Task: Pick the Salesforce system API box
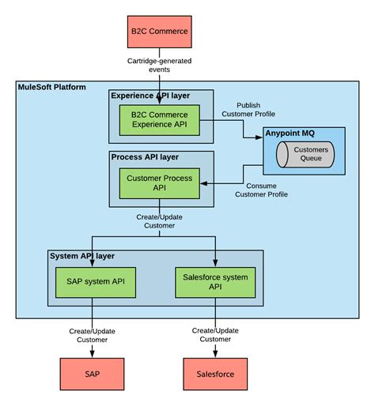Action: tap(215, 282)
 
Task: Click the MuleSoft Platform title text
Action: tap(52, 86)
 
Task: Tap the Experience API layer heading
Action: tap(150, 96)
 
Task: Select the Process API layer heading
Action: tap(144, 157)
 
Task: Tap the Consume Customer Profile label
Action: tap(262, 190)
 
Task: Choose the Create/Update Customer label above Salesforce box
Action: tap(215, 335)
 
